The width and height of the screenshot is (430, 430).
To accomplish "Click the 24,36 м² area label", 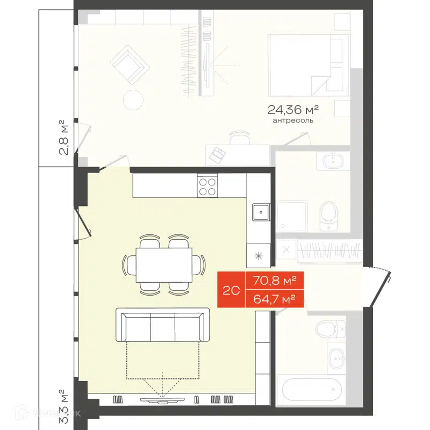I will tap(293, 110).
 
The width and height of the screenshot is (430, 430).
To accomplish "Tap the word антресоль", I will tap(293, 121).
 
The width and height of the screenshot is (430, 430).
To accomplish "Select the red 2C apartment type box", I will tap(231, 291).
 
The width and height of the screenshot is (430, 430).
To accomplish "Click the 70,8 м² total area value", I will tap(275, 281).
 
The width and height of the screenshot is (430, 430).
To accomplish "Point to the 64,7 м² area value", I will tap(275, 299).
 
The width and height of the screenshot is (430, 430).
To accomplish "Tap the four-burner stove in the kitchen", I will tap(207, 186).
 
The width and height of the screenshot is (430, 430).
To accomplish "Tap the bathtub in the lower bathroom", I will tap(309, 390).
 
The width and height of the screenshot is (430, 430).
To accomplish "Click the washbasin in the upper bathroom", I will tap(335, 160).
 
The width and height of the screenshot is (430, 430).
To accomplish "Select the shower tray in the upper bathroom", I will tap(292, 217).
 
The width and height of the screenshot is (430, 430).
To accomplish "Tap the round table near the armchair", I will tap(133, 99).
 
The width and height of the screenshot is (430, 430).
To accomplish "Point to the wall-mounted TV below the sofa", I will tap(161, 399).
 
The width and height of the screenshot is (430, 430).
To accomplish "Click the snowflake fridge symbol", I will tap(258, 255).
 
